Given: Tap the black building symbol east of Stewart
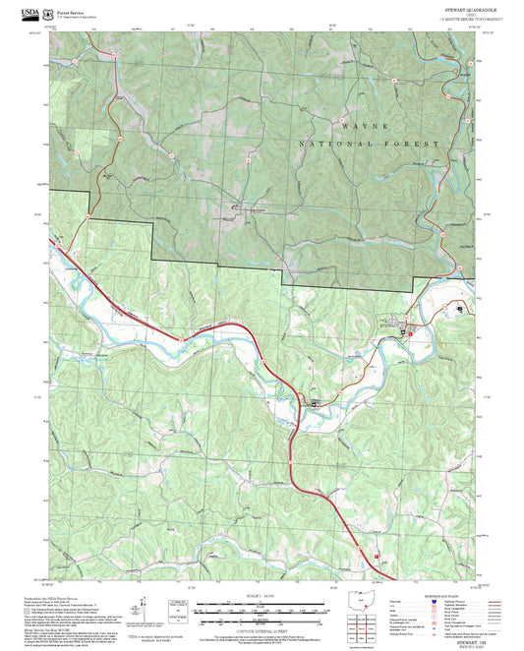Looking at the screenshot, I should tap(460, 309).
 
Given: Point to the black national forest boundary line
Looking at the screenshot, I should tap(216, 264).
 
